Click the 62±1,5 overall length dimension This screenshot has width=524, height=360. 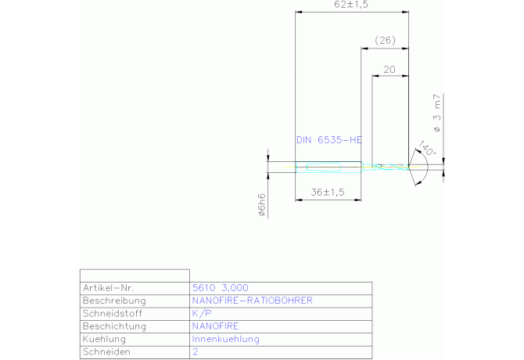(351, 5)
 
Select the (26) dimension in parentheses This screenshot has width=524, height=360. (385, 40)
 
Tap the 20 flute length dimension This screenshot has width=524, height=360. (389, 70)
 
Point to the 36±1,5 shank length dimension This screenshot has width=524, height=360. (328, 192)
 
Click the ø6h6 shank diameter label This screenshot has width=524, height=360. (263, 205)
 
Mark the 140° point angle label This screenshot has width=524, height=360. (425, 149)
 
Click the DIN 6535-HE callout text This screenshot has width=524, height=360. (328, 140)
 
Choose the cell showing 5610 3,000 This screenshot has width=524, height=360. (221, 287)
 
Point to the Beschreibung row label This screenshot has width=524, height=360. (114, 301)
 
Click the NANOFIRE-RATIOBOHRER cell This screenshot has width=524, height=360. (252, 301)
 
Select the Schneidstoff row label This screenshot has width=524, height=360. (111, 313)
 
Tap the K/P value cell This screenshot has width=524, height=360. (201, 313)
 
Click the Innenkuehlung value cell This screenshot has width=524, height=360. (225, 340)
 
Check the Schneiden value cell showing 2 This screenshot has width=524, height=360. (195, 353)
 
